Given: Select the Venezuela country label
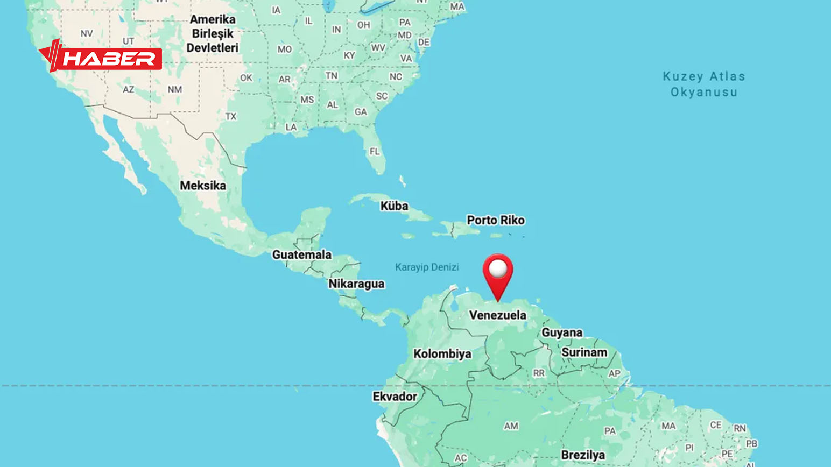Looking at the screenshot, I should click(x=497, y=315).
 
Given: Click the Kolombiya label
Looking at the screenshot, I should click(x=442, y=353).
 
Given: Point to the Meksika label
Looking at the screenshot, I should click(x=203, y=186).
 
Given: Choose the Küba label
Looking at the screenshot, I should click(x=394, y=206).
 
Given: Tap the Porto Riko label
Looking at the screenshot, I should click(x=496, y=220).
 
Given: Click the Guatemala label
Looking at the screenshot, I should click(x=302, y=254).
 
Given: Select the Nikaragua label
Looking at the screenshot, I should click(x=356, y=284).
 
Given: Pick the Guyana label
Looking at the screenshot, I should click(x=562, y=332).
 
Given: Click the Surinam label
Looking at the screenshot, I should click(x=584, y=352).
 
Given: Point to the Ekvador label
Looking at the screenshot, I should click(x=395, y=397).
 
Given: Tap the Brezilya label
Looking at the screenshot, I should click(x=583, y=455).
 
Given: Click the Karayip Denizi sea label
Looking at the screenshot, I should click(x=427, y=267).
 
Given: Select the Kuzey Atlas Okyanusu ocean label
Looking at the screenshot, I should click(x=704, y=84).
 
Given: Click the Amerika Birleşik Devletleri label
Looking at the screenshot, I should click(x=213, y=33).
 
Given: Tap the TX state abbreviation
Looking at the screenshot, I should click(x=231, y=116).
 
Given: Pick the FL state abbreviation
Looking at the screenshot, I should click(x=375, y=152).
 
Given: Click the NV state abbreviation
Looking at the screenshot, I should click(x=87, y=33).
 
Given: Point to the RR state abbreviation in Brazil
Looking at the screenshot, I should click(x=539, y=373).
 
